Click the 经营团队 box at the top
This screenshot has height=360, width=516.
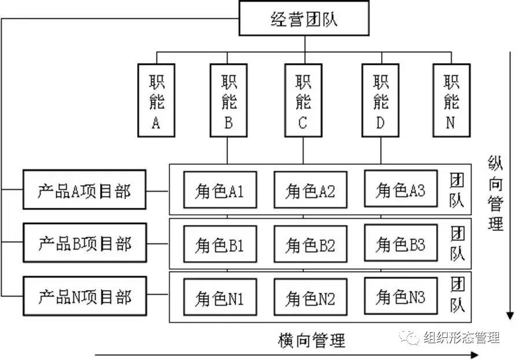pos(304,20)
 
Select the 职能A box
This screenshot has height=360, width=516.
pos(156,100)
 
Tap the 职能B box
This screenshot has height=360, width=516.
pos(228,100)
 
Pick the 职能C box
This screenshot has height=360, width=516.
pos(303,100)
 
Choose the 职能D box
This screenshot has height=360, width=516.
pos(380,100)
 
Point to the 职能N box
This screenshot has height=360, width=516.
pos(451,100)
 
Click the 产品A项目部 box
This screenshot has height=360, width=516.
pos(84,190)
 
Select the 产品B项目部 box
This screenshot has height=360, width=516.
pos(84,243)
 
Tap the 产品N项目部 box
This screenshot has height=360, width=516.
pos(84,297)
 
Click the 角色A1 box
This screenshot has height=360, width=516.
pos(219,190)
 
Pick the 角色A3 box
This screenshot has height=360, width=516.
pos(401,189)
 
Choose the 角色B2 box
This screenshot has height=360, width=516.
pos(310,244)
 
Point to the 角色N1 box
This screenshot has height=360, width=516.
pos(219,298)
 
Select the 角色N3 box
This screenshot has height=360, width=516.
pos(401,297)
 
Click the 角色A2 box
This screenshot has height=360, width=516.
pos(310,190)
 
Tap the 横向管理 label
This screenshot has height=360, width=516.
pos(312,339)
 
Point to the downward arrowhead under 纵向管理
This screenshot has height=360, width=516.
pos(509,315)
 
